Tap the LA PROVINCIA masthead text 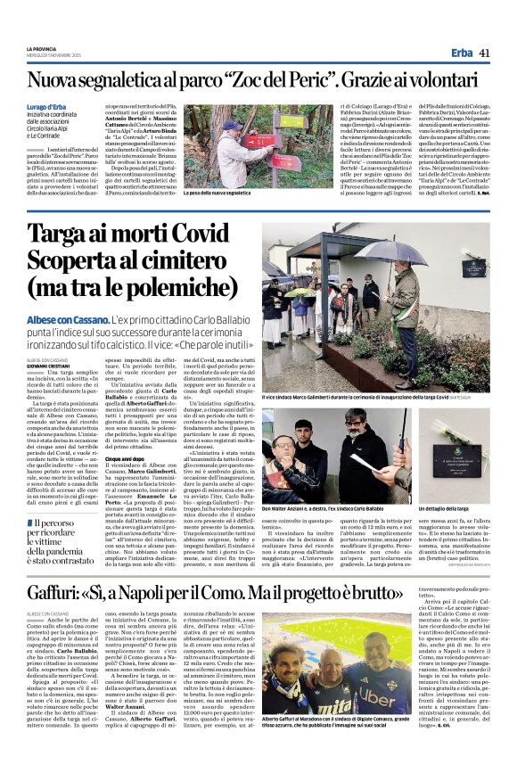pyautogui.click(x=42, y=48)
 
